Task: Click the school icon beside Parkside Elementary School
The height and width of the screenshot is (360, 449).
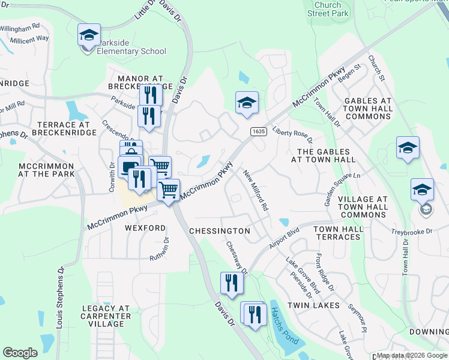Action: click(89, 35)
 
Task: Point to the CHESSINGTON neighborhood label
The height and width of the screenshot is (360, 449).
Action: click(219, 231)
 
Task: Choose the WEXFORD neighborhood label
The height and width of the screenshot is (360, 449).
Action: click(145, 229)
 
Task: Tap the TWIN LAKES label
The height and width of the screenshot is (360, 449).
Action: click(313, 305)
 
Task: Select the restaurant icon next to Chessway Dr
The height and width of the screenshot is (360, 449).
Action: click(230, 283)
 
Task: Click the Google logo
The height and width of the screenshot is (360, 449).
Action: click(20, 353)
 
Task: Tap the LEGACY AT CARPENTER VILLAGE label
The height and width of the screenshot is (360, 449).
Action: click(106, 316)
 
